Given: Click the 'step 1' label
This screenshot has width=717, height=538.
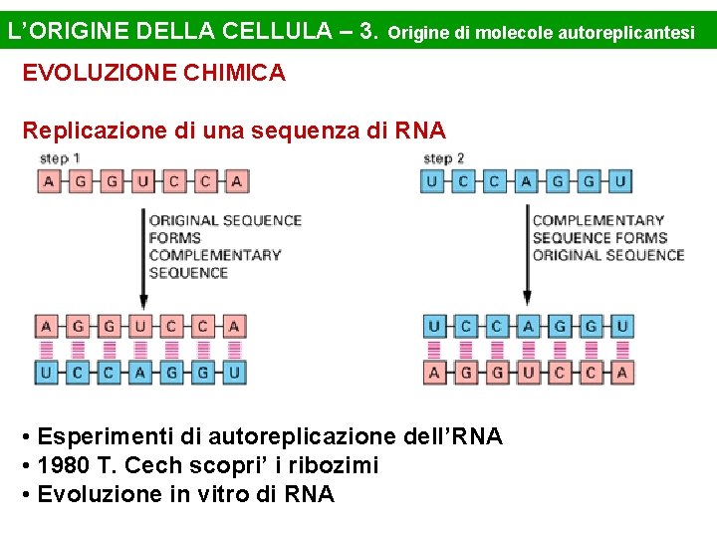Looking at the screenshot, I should [60, 158].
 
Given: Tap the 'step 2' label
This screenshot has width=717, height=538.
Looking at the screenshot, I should [444, 158].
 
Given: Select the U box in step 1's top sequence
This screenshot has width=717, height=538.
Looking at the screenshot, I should [141, 181].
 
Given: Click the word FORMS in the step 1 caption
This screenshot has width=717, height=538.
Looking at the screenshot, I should [175, 237].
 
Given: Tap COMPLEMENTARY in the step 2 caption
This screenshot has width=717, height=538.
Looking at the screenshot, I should [597, 220].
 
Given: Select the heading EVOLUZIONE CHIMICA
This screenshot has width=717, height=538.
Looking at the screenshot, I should [153, 73].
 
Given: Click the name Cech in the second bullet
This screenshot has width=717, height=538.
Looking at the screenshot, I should [149, 465].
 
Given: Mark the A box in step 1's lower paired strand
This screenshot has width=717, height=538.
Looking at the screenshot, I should [141, 373].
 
